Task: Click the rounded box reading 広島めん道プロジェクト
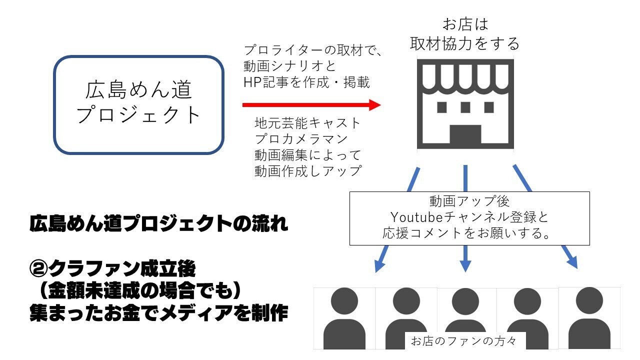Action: pyautogui.click(x=138, y=104)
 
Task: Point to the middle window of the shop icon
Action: pyautogui.click(x=465, y=107)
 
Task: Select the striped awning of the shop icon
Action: pyautogui.click(x=465, y=77)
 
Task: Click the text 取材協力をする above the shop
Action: pyautogui.click(x=465, y=44)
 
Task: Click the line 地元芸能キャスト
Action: pyautogui.click(x=307, y=122)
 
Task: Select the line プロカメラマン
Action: pyautogui.click(x=301, y=138)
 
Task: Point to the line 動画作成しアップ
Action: pyautogui.click(x=307, y=170)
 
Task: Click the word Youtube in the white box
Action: pyautogui.click(x=412, y=217)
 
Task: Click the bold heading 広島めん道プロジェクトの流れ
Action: pyautogui.click(x=159, y=224)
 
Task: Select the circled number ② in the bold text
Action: pyautogui.click(x=38, y=269)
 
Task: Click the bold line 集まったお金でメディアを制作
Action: pyautogui.click(x=159, y=313)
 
